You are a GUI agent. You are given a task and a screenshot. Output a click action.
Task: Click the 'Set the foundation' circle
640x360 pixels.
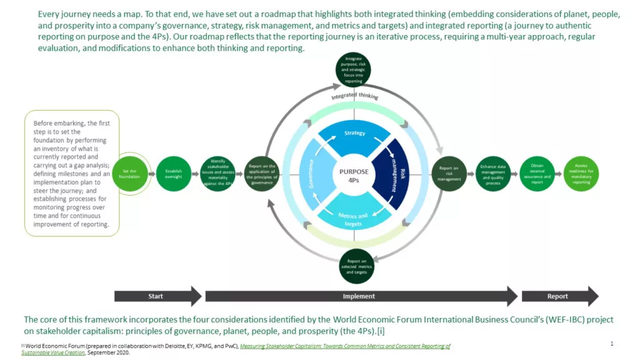pos(130,174)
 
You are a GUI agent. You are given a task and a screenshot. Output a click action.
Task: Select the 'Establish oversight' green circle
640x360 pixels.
pos(174,174)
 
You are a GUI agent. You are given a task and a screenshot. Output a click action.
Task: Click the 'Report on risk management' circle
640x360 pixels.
pos(449,174)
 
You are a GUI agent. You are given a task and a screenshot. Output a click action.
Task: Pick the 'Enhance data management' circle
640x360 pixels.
pos(493,174)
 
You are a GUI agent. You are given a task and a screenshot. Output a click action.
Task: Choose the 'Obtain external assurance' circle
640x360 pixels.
pos(537,174)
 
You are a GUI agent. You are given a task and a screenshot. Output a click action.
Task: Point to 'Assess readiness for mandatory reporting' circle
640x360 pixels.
pos(581,174)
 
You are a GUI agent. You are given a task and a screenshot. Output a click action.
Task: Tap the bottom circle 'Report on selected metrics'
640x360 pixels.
pos(356,266)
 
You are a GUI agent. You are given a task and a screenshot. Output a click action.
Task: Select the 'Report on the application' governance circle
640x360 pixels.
pos(262,174)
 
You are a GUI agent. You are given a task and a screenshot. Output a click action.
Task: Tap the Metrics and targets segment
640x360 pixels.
pos(354,216)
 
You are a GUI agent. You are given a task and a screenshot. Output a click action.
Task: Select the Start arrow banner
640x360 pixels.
pos(156,296)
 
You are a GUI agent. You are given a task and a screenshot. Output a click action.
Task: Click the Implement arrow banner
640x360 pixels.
pos(360,296)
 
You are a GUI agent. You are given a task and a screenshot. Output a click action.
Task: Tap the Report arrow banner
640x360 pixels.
pos(558,296)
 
